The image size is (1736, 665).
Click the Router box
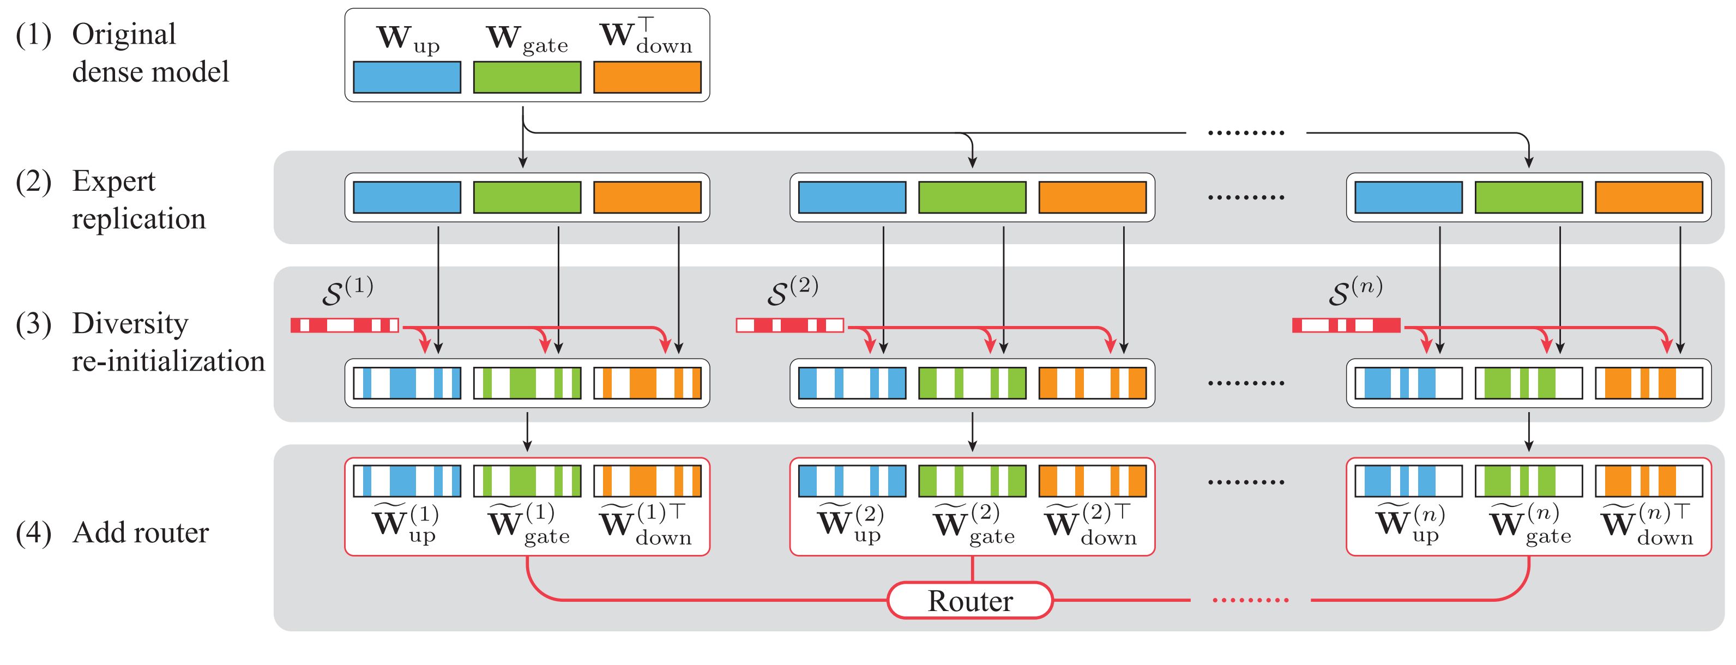click(x=970, y=600)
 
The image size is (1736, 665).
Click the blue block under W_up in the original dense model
click(x=407, y=77)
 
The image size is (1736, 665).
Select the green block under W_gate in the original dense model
click(x=527, y=77)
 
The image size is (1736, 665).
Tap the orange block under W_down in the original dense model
click(x=647, y=77)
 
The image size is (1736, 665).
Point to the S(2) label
click(x=793, y=291)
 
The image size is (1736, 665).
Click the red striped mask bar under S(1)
click(x=345, y=326)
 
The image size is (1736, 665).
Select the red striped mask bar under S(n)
click(x=1346, y=326)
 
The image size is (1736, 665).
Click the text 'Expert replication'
click(x=138, y=200)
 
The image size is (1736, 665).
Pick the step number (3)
click(x=33, y=324)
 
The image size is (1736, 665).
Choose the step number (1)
click(x=33, y=35)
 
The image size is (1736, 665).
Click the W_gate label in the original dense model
click(x=527, y=39)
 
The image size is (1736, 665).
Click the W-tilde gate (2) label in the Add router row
click(x=973, y=523)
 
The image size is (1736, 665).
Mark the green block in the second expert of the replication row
click(x=972, y=197)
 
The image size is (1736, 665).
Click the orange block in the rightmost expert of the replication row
click(x=1648, y=197)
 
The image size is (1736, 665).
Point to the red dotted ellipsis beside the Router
click(x=1250, y=600)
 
